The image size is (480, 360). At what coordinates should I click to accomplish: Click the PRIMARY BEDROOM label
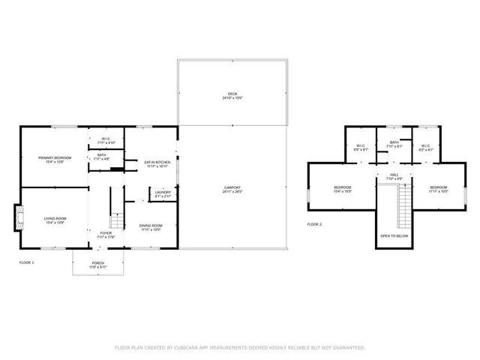point(55,157)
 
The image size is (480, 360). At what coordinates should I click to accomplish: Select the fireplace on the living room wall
point(16,217)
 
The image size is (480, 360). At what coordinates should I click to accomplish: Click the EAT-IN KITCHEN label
point(157,162)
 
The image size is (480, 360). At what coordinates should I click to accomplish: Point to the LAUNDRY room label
point(163,192)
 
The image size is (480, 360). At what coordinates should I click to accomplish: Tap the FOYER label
point(106,232)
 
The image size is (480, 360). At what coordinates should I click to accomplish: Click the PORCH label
point(97,263)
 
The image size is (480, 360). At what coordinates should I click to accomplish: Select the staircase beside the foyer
point(115,221)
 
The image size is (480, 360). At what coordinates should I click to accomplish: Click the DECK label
point(232,94)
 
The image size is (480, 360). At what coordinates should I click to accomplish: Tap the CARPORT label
point(232,187)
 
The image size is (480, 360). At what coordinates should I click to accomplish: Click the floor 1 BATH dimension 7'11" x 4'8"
point(101,159)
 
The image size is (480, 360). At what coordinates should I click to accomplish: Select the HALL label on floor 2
point(393,175)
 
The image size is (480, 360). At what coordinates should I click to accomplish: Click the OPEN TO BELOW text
point(394,235)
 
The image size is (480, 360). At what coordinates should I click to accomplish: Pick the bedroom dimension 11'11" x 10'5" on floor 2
point(438,191)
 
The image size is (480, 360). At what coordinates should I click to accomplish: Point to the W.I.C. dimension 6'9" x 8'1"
point(360,150)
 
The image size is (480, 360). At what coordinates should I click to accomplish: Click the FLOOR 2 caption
point(314,224)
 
